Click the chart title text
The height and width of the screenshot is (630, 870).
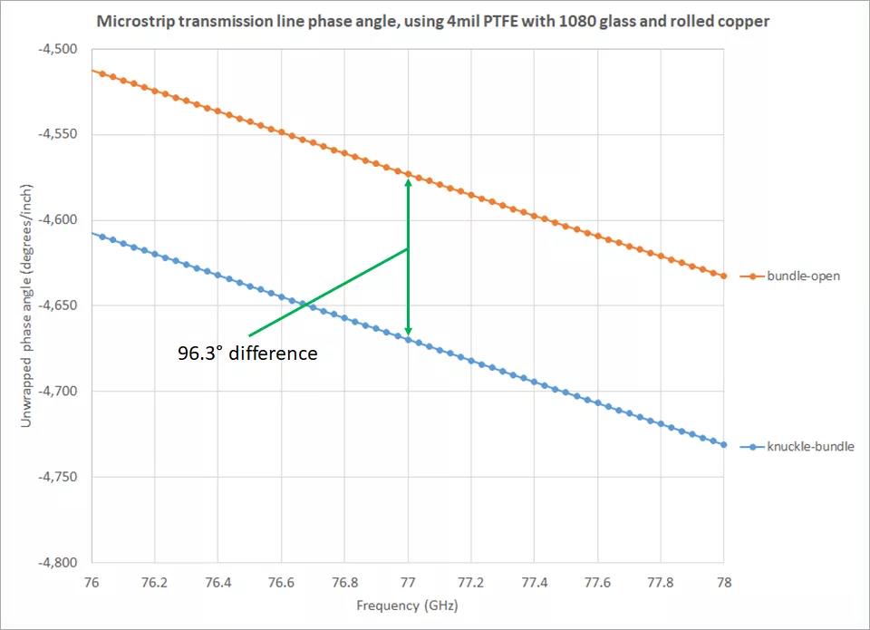tap(434, 20)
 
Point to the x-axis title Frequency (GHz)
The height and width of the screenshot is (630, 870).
tap(407, 605)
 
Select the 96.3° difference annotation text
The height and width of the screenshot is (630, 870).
tap(247, 354)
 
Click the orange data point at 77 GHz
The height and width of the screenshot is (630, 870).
tap(408, 173)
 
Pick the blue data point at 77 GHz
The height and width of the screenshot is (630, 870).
tap(408, 339)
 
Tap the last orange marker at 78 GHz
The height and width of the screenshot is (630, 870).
tap(724, 276)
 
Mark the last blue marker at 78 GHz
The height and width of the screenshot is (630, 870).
tap(724, 445)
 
